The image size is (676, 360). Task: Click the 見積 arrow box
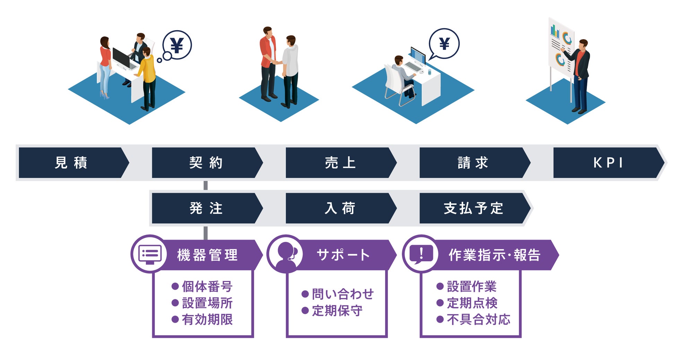point(71,163)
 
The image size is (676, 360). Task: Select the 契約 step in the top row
point(206,163)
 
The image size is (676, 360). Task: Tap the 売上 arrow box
point(340,163)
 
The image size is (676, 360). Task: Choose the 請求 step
point(473,163)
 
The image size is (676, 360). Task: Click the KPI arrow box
point(607,163)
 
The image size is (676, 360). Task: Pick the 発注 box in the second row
point(206,208)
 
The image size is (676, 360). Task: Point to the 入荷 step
point(340,208)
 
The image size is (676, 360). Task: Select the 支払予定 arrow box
point(473,208)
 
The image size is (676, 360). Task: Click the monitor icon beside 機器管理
point(150,254)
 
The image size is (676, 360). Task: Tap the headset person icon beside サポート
point(286,254)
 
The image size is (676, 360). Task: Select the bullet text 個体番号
point(207,287)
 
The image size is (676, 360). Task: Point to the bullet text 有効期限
point(207,319)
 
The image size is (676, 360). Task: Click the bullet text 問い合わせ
point(342,294)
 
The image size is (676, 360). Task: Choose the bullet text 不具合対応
point(478,319)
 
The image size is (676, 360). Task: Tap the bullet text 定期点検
point(472,303)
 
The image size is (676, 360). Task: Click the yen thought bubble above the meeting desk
point(177,45)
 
